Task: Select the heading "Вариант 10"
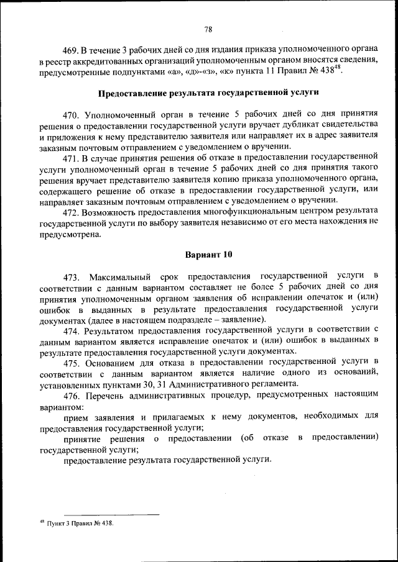208,255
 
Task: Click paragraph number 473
72,276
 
